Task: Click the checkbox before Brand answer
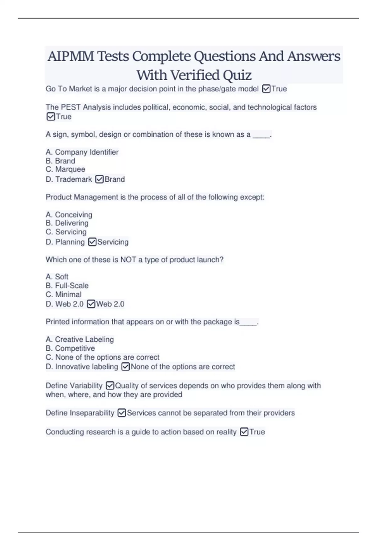(x=99, y=179)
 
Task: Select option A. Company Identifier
(x=82, y=152)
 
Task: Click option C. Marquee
(x=65, y=169)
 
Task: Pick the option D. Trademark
(x=69, y=179)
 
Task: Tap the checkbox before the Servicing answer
(x=92, y=242)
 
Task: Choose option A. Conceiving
(x=69, y=215)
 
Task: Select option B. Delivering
(x=67, y=223)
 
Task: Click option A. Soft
(x=57, y=277)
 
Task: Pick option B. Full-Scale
(x=67, y=286)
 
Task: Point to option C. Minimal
(x=63, y=295)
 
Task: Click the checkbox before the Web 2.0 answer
(x=91, y=304)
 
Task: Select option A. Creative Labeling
(x=80, y=340)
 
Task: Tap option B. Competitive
(x=70, y=348)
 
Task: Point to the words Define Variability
(x=74, y=386)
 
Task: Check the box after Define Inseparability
(x=122, y=413)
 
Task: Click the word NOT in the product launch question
(x=128, y=260)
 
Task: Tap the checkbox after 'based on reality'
(x=244, y=432)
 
